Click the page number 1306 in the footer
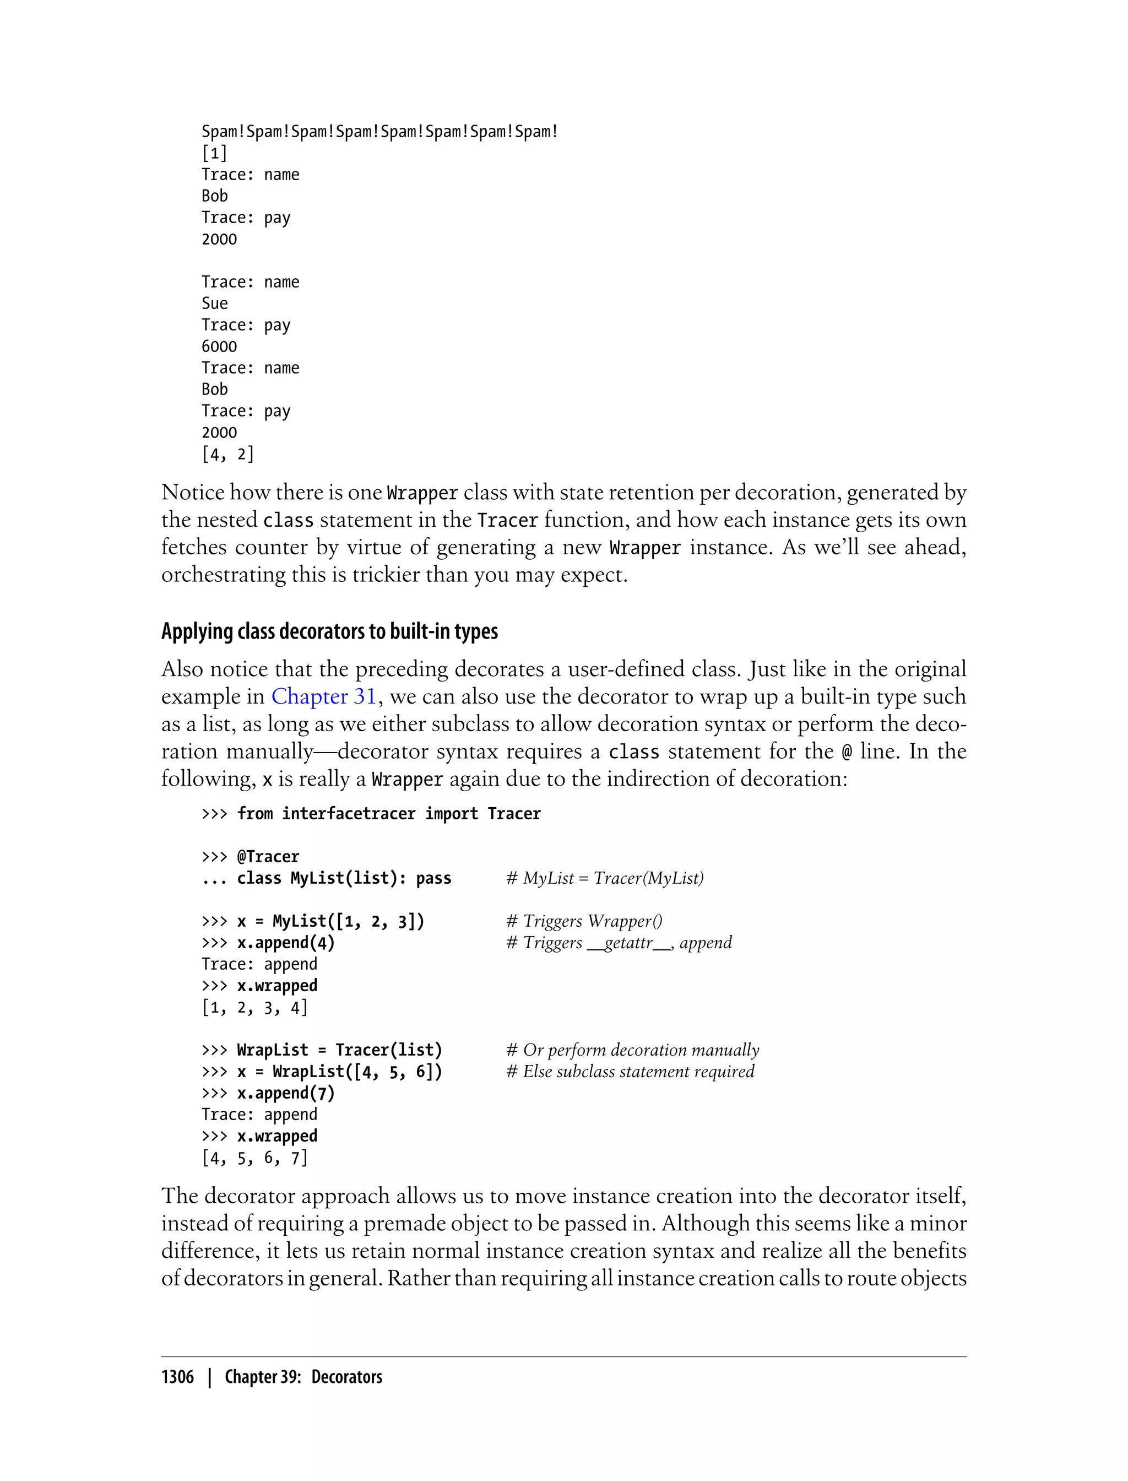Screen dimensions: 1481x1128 point(177,1377)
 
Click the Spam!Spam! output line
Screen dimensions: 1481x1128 point(379,132)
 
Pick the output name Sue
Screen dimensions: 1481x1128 point(215,304)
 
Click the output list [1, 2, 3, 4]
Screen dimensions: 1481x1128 point(254,1008)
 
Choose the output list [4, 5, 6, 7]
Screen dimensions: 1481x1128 point(254,1158)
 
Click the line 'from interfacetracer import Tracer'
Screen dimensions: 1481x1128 point(388,813)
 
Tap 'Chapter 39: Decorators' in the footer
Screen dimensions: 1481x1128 point(303,1377)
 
